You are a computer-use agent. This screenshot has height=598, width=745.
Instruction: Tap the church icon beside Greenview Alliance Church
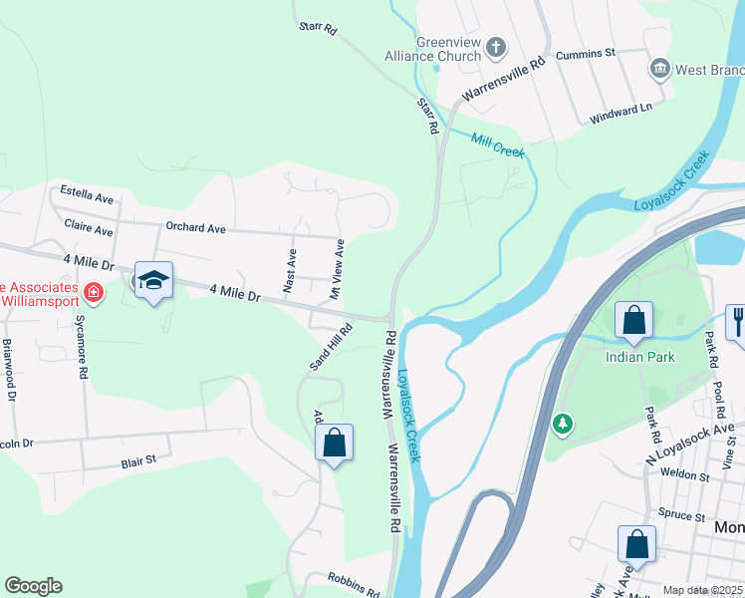(x=495, y=47)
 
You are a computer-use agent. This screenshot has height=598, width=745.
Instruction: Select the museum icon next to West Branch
(x=658, y=69)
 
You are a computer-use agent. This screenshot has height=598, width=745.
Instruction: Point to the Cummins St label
(x=587, y=52)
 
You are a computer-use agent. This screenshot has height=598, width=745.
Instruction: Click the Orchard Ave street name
(x=196, y=228)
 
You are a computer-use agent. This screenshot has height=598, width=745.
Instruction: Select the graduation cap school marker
(x=153, y=281)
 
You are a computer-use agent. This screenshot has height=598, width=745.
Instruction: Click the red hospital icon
(x=93, y=292)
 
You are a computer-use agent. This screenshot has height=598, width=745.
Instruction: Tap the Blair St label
(x=139, y=460)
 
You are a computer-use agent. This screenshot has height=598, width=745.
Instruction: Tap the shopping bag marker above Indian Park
(x=633, y=320)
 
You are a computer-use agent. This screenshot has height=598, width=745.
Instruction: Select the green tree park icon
(x=563, y=425)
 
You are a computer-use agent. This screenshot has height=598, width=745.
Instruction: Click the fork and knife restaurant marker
(x=737, y=320)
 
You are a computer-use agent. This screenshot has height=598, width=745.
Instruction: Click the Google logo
(x=33, y=586)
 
